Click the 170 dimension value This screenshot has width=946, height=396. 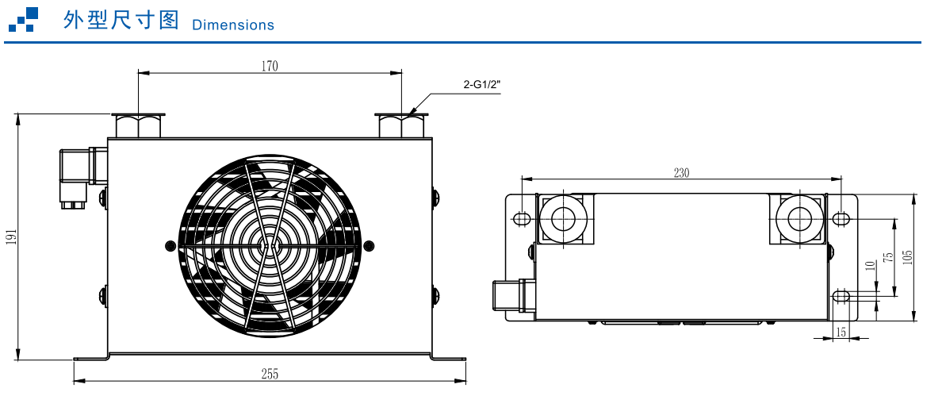pyautogui.click(x=270, y=66)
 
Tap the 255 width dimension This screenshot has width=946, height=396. pyautogui.click(x=270, y=374)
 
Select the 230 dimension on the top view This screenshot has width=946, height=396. pyautogui.click(x=681, y=173)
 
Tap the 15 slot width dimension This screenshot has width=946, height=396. pyautogui.click(x=841, y=331)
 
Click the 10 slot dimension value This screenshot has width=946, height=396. pyautogui.click(x=869, y=266)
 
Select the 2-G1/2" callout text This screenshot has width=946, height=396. pyautogui.click(x=482, y=85)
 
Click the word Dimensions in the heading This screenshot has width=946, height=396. pyautogui.click(x=233, y=25)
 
